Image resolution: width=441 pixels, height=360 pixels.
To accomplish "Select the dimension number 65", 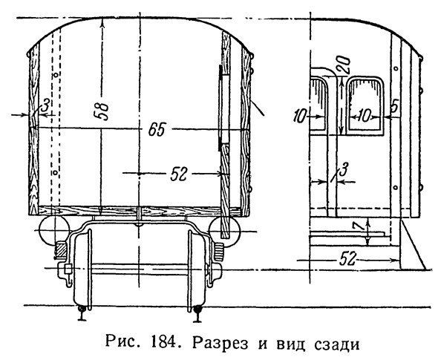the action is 157,130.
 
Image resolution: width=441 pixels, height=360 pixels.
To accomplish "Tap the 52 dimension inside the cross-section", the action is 179,174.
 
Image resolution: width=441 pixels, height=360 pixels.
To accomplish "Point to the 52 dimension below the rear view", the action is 347,259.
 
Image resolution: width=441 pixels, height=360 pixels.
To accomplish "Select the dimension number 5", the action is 394,107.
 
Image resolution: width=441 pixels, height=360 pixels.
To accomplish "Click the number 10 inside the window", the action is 365,116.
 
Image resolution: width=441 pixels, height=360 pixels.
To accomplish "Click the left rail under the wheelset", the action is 82,312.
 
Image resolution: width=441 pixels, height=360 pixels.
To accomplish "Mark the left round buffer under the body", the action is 54,230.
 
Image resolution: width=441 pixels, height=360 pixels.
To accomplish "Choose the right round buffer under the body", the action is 224,231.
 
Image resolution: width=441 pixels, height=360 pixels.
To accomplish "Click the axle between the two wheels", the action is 140,269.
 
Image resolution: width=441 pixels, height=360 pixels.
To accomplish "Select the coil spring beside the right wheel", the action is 219,251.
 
